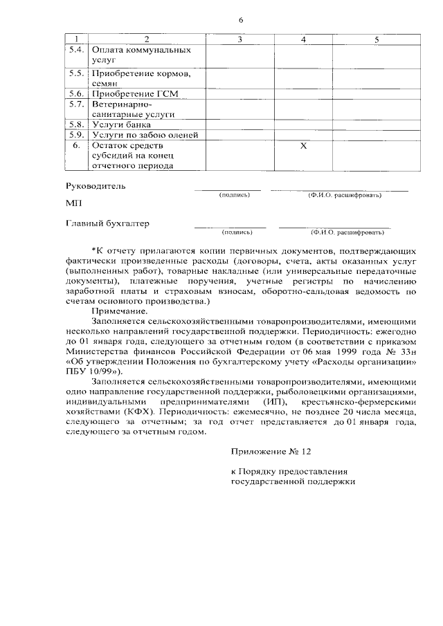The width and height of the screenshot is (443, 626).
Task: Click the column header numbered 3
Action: [239, 39]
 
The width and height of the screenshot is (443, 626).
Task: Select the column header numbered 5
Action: [377, 39]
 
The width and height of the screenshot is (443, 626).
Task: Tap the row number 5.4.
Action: [77, 50]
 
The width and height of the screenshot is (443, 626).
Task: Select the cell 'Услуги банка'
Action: [122, 125]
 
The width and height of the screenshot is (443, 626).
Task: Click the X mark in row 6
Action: [303, 146]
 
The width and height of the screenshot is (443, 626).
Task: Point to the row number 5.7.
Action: [77, 104]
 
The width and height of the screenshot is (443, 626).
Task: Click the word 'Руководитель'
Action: [96, 186]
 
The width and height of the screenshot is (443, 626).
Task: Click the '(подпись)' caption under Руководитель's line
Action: [233, 195]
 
